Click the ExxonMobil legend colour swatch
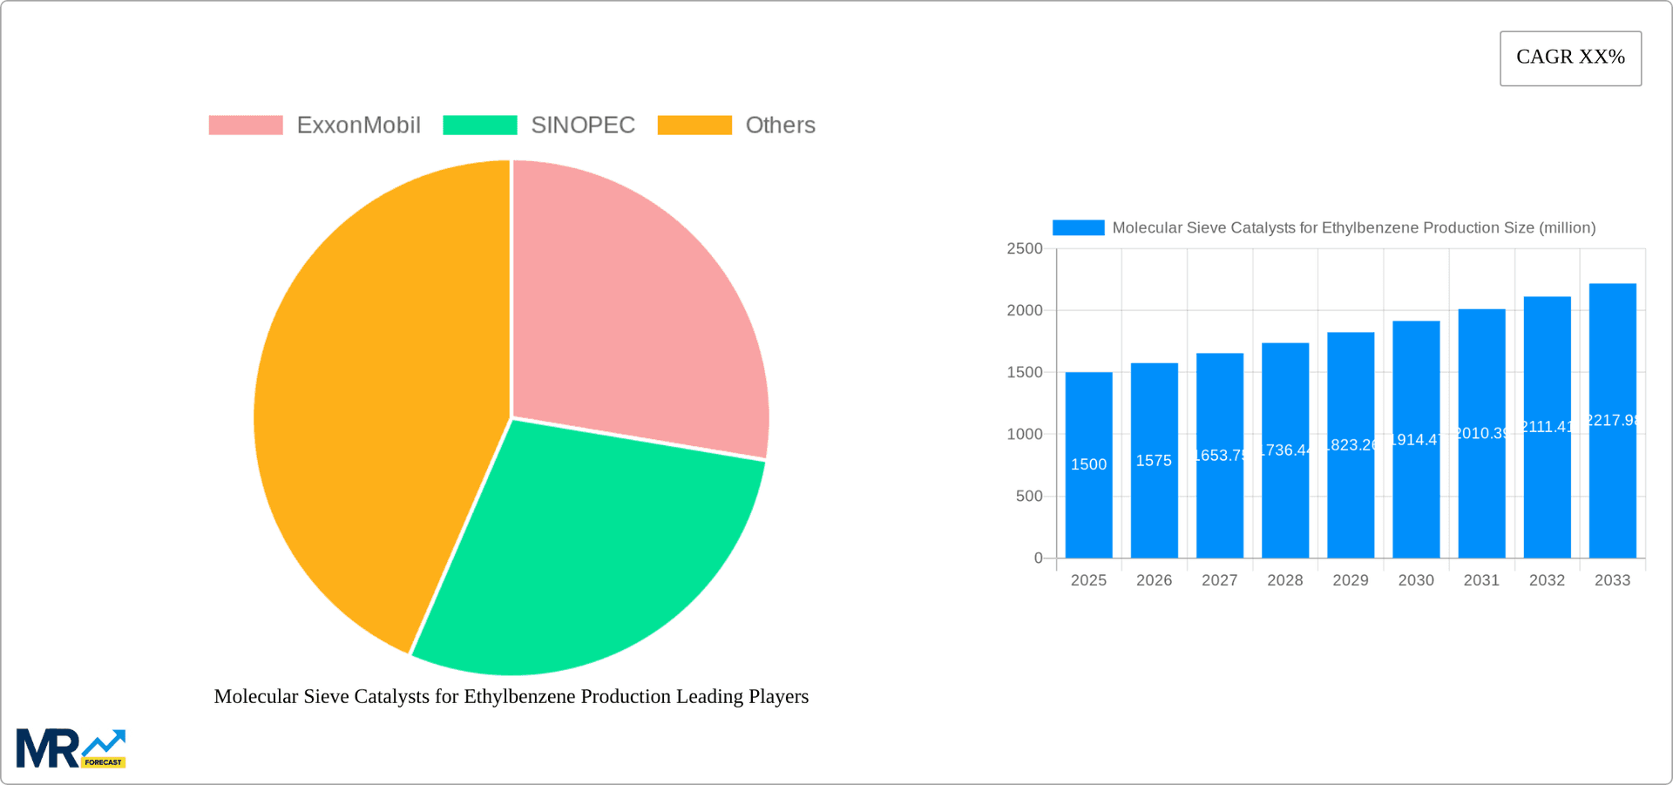[x=246, y=125]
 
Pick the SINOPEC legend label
[x=583, y=125]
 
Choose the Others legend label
[x=780, y=125]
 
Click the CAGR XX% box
[x=1570, y=58]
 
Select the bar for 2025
[x=1088, y=505]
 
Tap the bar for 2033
[x=1612, y=488]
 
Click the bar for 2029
[x=1351, y=505]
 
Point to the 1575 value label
[x=1154, y=461]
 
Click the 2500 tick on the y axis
[x=1025, y=249]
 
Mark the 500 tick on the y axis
[x=1028, y=497]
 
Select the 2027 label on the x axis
[x=1219, y=580]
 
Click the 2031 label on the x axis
[x=1481, y=580]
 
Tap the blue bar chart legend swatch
[x=1078, y=227]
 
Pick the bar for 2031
[x=1481, y=505]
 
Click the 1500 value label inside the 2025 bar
[x=1088, y=465]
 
